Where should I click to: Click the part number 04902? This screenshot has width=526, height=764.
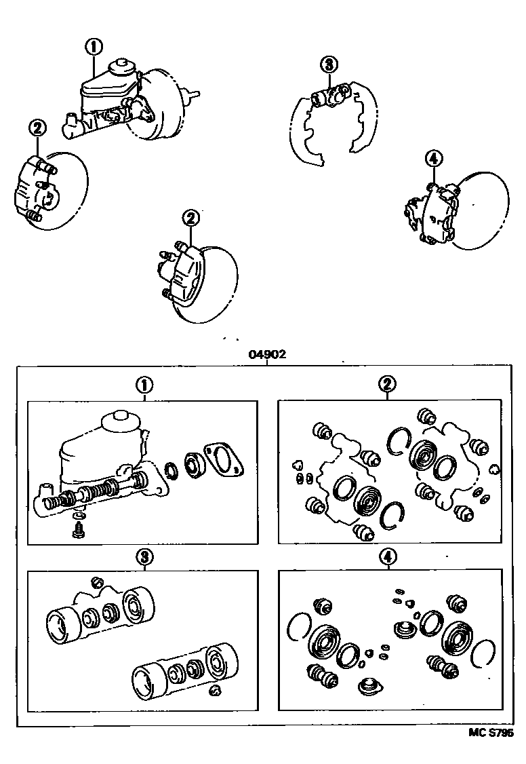pos(267,354)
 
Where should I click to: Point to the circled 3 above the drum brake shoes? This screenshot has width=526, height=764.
pos(328,65)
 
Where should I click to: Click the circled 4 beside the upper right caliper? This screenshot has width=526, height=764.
pos(434,159)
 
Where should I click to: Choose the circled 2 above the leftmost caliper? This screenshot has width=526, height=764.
pos(37,127)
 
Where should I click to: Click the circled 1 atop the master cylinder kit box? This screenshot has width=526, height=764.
pos(144,385)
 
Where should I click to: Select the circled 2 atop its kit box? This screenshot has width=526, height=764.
pos(386,385)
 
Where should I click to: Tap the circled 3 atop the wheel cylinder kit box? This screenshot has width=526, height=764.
pos(144,557)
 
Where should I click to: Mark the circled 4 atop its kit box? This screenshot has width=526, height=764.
pos(386,557)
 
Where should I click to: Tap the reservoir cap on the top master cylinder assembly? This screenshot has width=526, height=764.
pos(121,66)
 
